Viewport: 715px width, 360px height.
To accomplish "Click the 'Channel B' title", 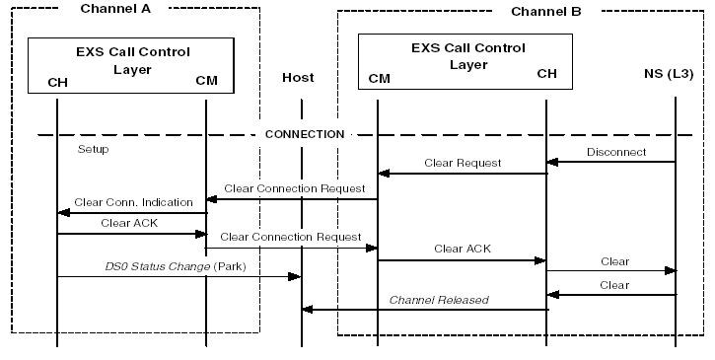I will click(x=546, y=11).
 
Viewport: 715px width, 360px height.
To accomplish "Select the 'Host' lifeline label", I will click(x=298, y=77).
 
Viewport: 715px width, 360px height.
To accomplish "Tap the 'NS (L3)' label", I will click(x=666, y=76).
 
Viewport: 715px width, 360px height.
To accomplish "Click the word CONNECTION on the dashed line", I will click(x=305, y=133).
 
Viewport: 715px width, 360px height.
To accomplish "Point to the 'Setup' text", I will click(x=93, y=150).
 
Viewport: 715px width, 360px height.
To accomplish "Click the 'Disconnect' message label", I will click(x=616, y=152).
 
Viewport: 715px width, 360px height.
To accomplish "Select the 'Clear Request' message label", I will click(x=463, y=163).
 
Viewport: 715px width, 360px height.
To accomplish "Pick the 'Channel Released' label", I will click(x=439, y=299).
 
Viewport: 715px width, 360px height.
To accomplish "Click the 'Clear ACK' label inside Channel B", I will click(x=463, y=249).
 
